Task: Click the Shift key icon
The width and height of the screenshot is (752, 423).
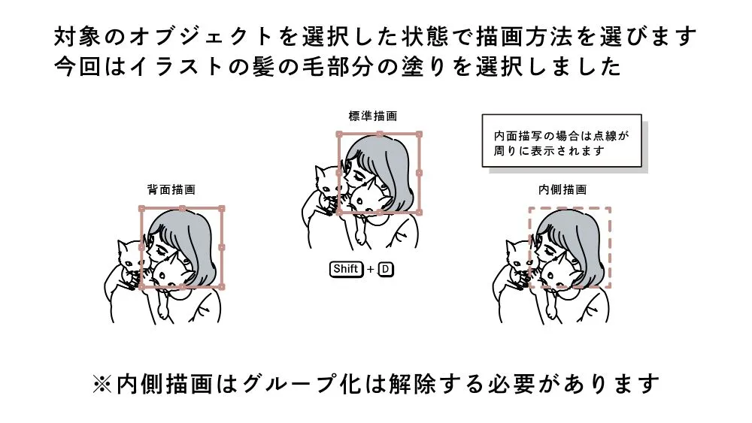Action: point(346,269)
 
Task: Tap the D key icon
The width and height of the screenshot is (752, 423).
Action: point(386,269)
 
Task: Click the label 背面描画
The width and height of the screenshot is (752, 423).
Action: point(171,189)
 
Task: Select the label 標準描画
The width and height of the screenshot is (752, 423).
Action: point(373,116)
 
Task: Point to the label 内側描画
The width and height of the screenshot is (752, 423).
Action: point(562,189)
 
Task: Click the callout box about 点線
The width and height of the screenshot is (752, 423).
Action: point(562,140)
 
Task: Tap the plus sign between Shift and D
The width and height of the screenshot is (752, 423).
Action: point(370,270)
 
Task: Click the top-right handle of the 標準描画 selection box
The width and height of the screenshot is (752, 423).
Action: point(419,134)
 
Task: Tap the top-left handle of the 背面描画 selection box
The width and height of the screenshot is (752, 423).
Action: point(141,208)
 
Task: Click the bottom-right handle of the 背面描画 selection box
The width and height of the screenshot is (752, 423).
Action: point(222,287)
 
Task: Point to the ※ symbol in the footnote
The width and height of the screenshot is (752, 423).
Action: point(102,384)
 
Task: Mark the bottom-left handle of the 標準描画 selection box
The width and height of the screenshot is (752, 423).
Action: point(339,212)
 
